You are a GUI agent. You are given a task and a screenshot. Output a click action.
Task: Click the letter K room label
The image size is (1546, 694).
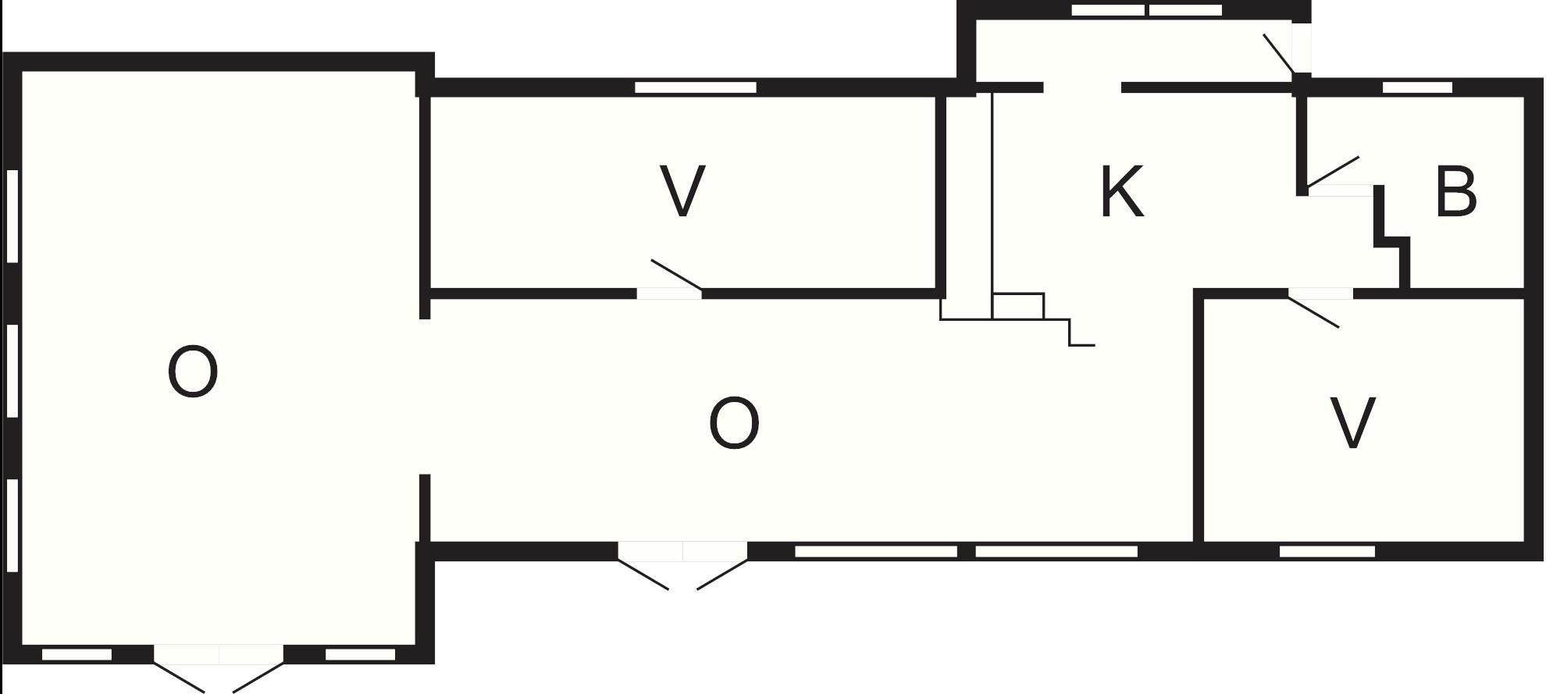(x=1121, y=192)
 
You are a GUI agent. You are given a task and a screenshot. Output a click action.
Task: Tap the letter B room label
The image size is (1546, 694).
(x=1456, y=192)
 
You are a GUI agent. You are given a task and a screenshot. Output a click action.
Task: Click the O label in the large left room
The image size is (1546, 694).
(x=192, y=373)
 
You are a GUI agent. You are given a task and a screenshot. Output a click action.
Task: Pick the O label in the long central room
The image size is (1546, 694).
(x=733, y=423)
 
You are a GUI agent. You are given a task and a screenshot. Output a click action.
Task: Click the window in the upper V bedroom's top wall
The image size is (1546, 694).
(x=695, y=87)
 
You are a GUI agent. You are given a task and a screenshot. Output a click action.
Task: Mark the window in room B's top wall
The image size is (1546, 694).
(x=1417, y=87)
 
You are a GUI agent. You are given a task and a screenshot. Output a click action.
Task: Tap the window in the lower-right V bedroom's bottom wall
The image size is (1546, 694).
(x=1327, y=551)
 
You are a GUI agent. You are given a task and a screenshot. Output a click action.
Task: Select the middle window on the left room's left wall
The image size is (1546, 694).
(x=12, y=371)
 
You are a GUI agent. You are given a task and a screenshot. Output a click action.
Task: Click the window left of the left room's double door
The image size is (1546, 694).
(x=77, y=654)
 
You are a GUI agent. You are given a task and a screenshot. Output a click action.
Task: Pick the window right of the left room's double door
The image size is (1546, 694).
(x=360, y=654)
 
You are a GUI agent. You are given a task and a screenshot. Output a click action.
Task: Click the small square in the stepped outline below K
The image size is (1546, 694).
(x=1018, y=306)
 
